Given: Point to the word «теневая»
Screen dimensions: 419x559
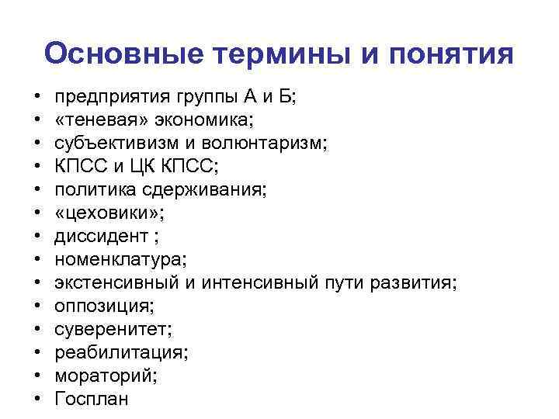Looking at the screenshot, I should tap(96, 121).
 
